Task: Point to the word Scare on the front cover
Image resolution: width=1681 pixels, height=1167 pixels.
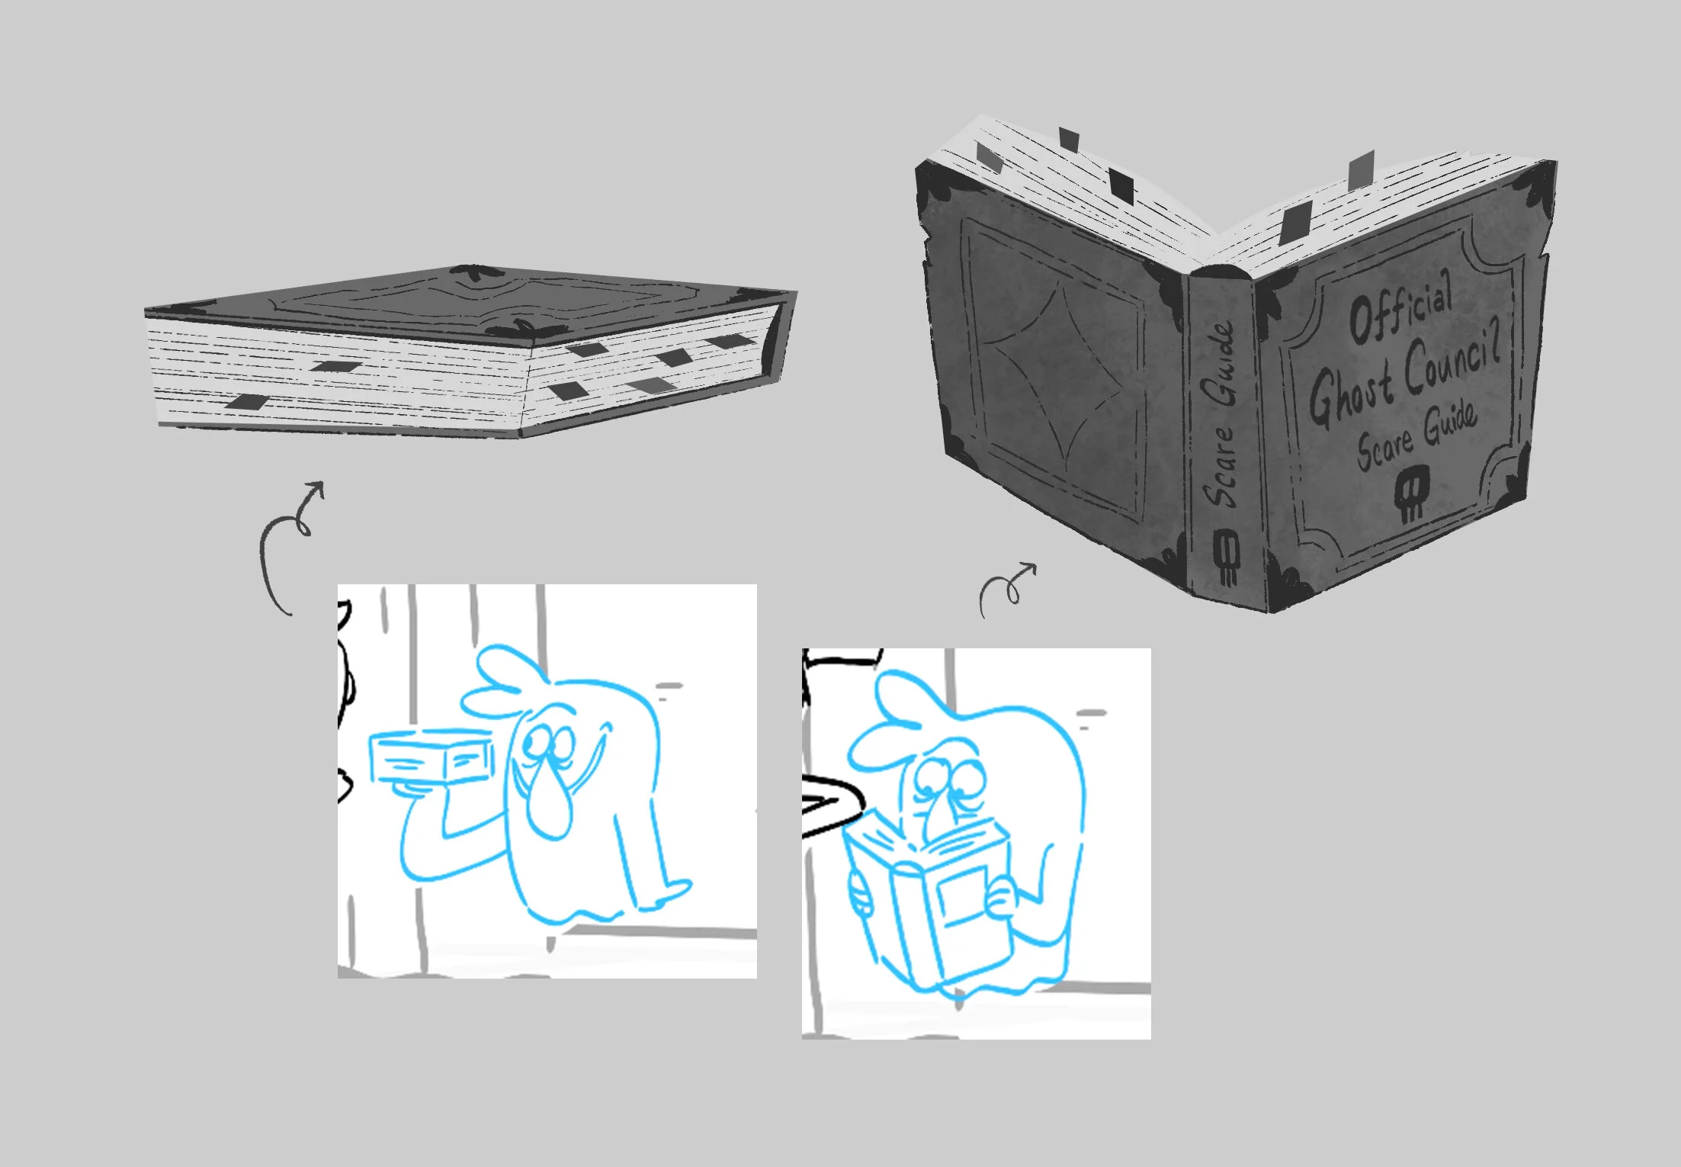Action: [x=1386, y=445]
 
